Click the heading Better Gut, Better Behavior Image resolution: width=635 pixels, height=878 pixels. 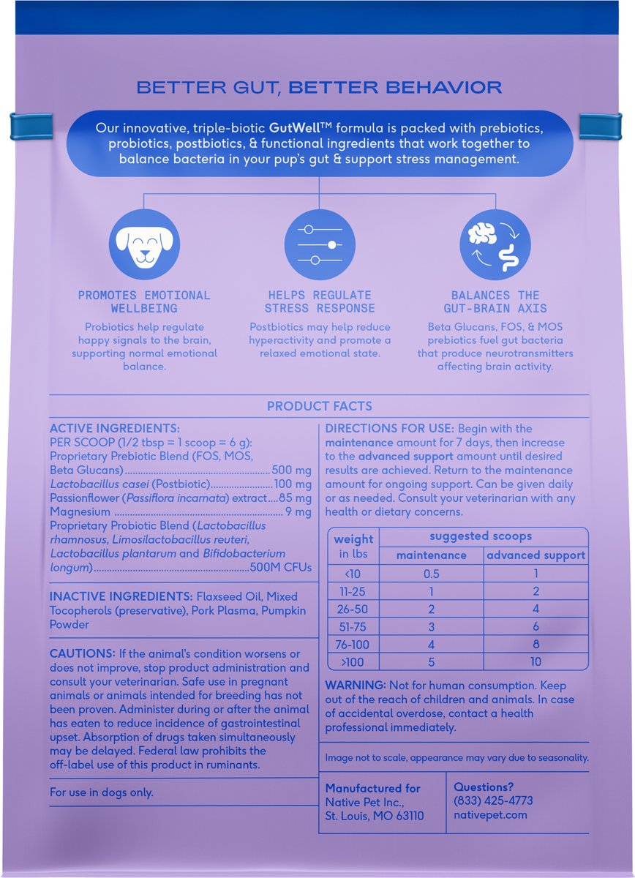(x=319, y=88)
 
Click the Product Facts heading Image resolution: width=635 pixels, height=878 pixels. (x=319, y=406)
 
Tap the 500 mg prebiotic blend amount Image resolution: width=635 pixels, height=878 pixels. (x=291, y=470)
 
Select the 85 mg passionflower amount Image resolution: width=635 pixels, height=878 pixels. (x=296, y=498)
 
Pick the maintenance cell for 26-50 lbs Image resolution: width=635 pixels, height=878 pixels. (x=431, y=609)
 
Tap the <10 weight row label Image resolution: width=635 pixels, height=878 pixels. (x=353, y=574)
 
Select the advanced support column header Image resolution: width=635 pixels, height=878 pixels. (x=536, y=555)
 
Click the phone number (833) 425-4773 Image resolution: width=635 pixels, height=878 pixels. (x=493, y=801)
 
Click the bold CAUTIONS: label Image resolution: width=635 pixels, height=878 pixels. (x=82, y=653)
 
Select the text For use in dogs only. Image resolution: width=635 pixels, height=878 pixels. (x=101, y=792)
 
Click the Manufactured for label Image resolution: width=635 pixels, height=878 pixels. (x=372, y=788)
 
